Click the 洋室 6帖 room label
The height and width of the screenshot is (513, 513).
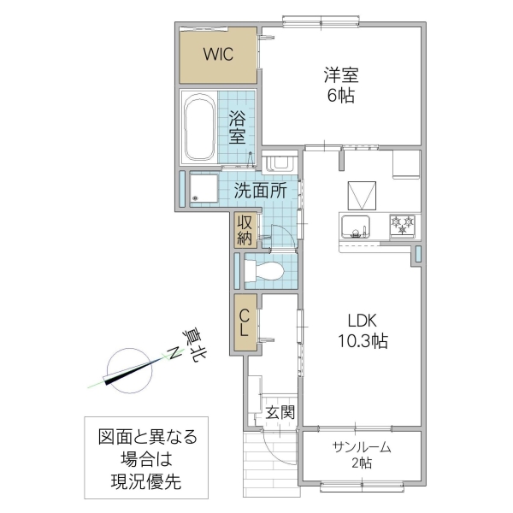pos(340,84)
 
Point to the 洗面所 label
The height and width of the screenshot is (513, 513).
pos(260,191)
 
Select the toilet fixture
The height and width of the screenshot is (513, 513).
pos(264,272)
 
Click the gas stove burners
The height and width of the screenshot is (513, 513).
pos(403,225)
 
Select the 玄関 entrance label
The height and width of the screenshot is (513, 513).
pos(280,413)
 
